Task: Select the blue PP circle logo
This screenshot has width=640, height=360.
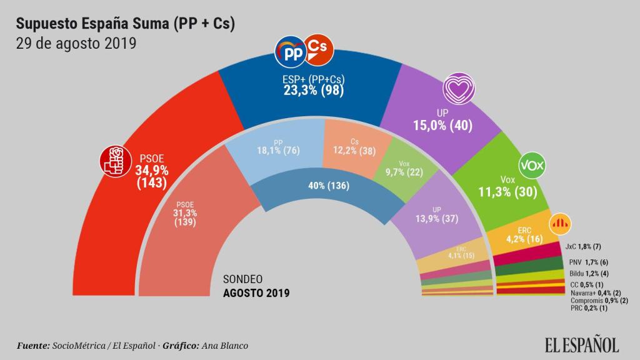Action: click(291, 53)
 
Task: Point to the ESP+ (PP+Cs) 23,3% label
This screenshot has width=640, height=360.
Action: click(314, 85)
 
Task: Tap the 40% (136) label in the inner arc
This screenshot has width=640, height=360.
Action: click(328, 186)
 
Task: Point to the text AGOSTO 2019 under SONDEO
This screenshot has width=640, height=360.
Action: click(256, 292)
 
